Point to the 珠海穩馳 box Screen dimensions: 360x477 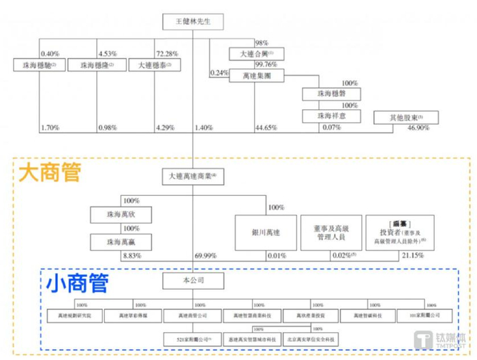pos(36,65)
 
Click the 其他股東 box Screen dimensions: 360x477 pos(407,118)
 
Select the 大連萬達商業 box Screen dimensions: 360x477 pos(195,177)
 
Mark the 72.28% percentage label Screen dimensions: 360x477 pos(167,52)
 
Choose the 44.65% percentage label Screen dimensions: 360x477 pos(264,127)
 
